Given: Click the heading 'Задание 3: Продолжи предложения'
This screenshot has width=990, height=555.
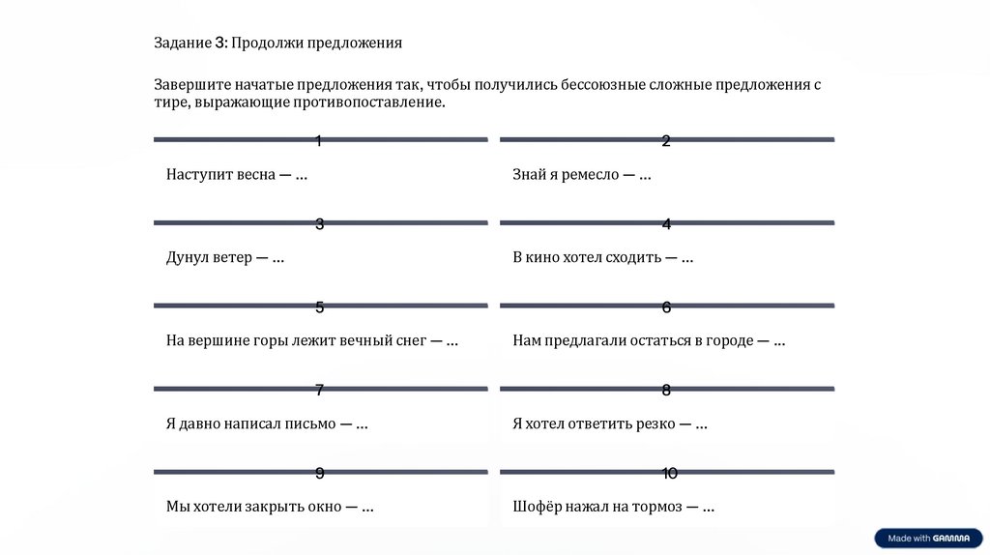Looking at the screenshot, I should tap(277, 44).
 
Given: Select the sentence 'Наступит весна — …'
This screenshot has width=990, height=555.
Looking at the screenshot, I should tap(237, 175).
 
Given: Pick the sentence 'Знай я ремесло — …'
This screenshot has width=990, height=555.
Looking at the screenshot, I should tap(581, 175).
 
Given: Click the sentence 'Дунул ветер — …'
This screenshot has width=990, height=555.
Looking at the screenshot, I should tap(224, 258).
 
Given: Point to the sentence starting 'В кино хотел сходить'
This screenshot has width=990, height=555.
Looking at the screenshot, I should tap(602, 258).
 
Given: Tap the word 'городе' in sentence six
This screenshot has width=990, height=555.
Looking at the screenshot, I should tap(730, 341).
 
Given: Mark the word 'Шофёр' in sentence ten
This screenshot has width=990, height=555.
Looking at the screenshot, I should tap(535, 507).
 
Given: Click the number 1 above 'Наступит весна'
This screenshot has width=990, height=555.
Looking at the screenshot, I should tap(319, 142).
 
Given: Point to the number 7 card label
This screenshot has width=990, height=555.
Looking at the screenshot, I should tap(319, 391).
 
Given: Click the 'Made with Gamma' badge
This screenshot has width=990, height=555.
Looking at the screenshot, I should tap(928, 539).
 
